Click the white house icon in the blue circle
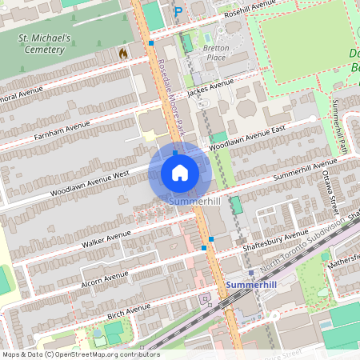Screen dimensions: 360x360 pos(179,173)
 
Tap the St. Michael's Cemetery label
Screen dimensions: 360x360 pos(46,43)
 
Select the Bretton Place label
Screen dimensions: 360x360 pos(216,52)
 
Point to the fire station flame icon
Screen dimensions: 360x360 pos(123,52)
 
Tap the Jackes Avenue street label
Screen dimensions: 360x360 pos(210,87)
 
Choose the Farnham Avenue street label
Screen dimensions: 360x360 pos(62,130)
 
